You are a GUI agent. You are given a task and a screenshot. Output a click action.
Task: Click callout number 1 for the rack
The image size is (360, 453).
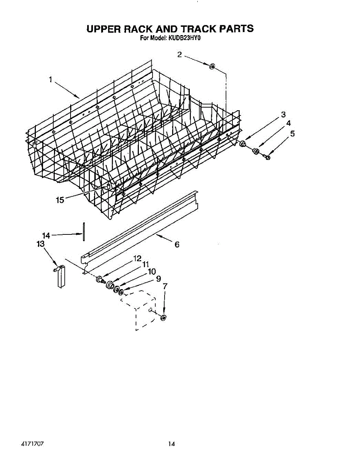pos(50,79)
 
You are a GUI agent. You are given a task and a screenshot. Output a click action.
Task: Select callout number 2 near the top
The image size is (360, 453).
pos(180,54)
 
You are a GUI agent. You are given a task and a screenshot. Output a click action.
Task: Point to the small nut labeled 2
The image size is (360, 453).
pos(212,67)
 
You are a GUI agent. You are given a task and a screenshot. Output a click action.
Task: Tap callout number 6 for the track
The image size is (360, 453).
pos(177,245)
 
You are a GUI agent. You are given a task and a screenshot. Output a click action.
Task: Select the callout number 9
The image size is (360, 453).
pos(158,279)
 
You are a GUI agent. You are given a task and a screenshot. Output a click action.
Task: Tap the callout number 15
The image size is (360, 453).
pos(60,200)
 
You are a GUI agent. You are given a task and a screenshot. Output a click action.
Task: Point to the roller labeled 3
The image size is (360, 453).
pos(243,144)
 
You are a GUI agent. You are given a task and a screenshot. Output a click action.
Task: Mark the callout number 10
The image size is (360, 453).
pos(151,271)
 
